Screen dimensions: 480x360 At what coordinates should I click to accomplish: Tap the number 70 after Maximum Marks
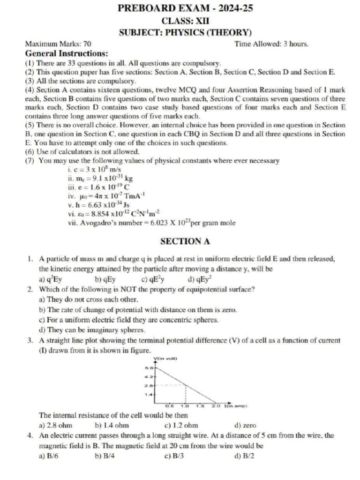pyautogui.click(x=87, y=44)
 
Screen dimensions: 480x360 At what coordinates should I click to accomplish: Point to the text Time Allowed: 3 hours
pyautogui.click(x=271, y=44)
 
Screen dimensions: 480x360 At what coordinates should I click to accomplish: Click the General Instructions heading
pyautogui.click(x=67, y=53)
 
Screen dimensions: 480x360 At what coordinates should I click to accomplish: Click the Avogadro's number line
pyautogui.click(x=151, y=223)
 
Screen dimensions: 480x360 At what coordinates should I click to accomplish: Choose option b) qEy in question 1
pyautogui.click(x=105, y=280)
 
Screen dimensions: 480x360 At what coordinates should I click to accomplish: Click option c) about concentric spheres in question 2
pyautogui.click(x=129, y=320)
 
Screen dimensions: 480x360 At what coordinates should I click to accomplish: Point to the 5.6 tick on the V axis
pyautogui.click(x=146, y=368)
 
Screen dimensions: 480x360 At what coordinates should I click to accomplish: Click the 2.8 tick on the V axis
pyautogui.click(x=146, y=386)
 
